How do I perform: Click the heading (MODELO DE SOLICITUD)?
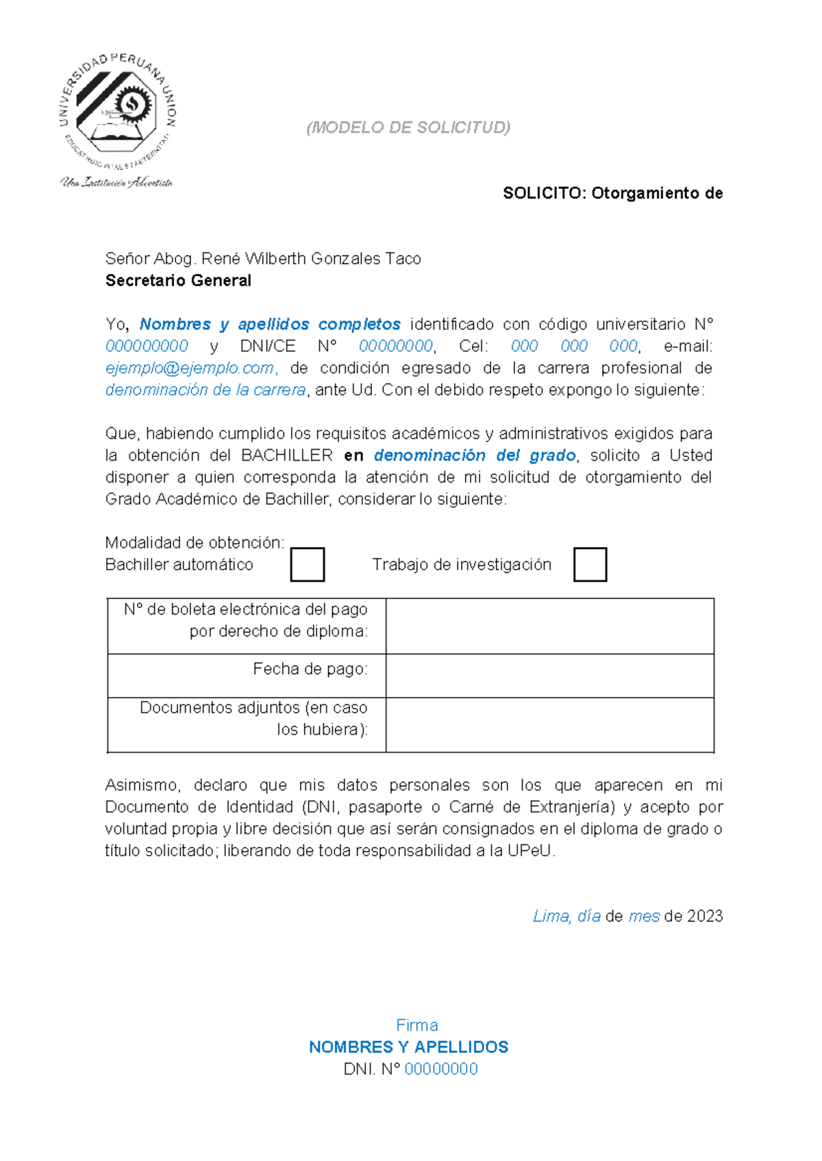coord(408,128)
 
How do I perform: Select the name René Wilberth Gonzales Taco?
coord(311,259)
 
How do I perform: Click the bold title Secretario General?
coord(178,281)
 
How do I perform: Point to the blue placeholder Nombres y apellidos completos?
coord(270,324)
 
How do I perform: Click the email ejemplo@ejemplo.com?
coord(190,368)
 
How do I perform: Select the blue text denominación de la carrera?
coord(206,390)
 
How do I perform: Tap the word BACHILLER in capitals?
coord(287,456)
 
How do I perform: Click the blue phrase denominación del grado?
coord(475,456)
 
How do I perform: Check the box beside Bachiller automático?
coord(307,565)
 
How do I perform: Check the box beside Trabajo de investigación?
coord(590,565)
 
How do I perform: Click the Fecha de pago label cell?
coord(247,675)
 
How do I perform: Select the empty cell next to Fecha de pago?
coord(549,676)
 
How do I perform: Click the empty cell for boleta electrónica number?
coord(549,626)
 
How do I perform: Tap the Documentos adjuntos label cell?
coord(247,724)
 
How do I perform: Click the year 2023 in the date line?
coord(705,917)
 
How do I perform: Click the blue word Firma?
coord(416,1025)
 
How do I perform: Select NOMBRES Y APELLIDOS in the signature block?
coord(408,1047)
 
